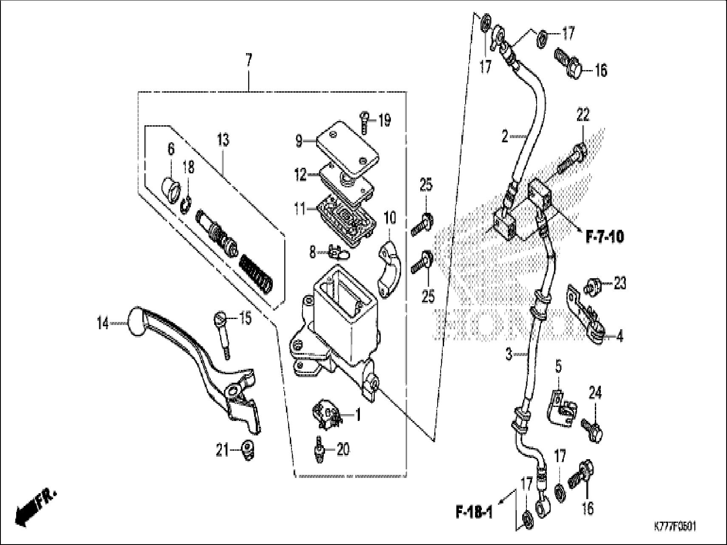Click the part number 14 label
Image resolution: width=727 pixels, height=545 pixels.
click(x=102, y=324)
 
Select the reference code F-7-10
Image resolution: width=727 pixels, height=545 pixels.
click(x=604, y=237)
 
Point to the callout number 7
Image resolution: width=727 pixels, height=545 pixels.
click(x=249, y=61)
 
